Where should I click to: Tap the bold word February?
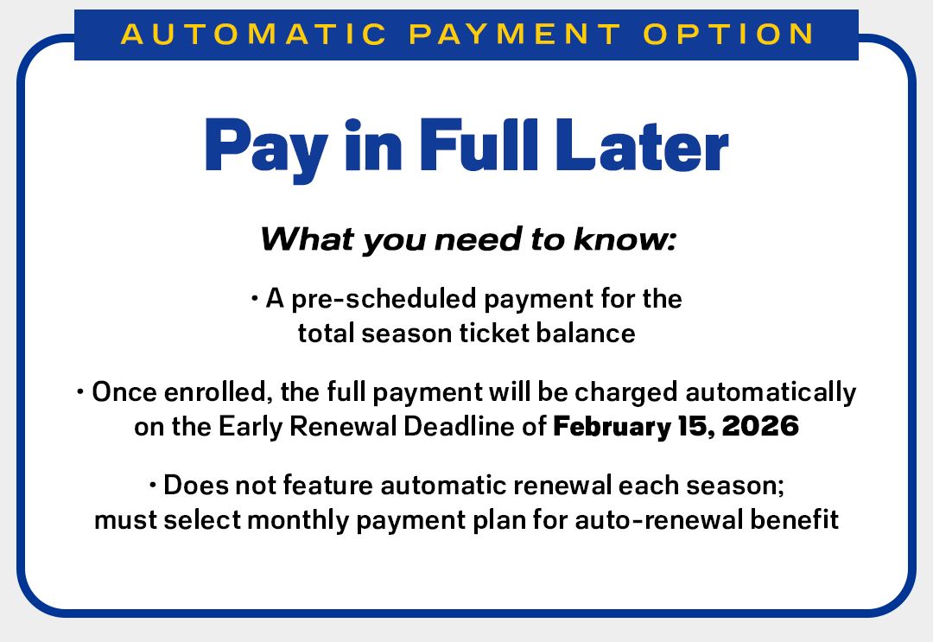click(607, 427)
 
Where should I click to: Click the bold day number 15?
click(690, 427)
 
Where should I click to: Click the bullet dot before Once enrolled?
click(81, 392)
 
